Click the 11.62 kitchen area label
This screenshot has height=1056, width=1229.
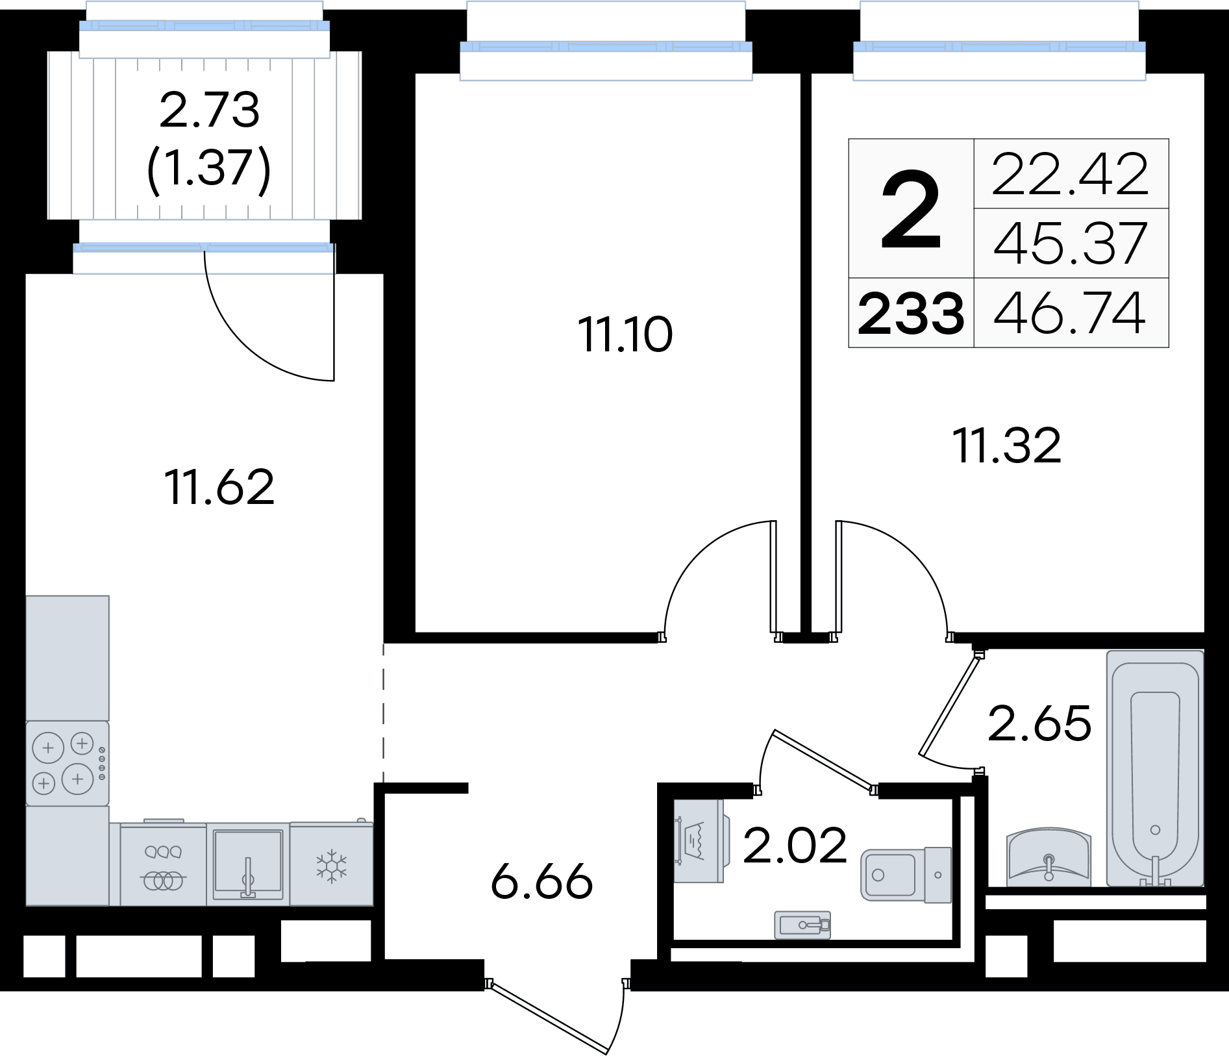219,486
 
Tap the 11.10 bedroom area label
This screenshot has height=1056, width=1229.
625,334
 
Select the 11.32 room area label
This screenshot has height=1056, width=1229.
1007,446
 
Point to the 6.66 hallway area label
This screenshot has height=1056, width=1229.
542,881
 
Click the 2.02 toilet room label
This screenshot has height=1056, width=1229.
795,845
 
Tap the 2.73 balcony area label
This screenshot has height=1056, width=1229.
209,110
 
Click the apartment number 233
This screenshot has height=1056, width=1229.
911,314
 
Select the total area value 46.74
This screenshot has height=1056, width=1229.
1070,313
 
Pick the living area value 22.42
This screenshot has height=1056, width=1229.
1070,174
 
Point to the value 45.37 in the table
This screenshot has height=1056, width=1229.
1070,244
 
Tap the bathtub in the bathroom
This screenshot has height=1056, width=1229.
1155,768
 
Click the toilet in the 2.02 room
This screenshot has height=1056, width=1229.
906,875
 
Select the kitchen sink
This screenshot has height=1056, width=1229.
248,864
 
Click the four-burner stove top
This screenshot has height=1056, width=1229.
68,763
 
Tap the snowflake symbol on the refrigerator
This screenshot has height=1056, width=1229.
332,866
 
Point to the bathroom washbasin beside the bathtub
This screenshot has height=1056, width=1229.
1049,857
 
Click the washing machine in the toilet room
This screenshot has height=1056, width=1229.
699,841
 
